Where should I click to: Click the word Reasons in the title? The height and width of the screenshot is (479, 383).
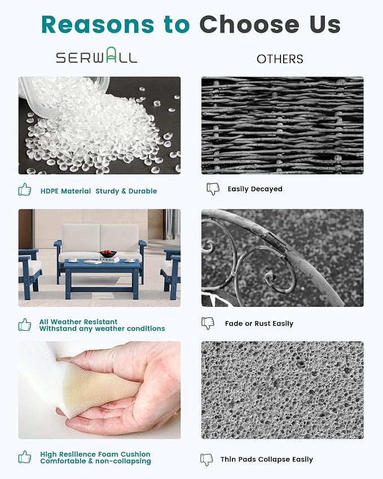(x=98, y=24)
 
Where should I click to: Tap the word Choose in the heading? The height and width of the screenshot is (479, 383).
(x=249, y=24)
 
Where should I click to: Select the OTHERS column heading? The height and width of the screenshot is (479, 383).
(x=280, y=59)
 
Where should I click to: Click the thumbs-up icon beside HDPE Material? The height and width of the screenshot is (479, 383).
(x=25, y=190)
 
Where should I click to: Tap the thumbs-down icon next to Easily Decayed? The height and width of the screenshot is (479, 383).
(x=213, y=189)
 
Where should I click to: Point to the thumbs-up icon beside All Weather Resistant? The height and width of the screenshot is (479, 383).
(x=25, y=324)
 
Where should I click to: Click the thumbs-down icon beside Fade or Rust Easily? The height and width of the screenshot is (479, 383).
(x=208, y=323)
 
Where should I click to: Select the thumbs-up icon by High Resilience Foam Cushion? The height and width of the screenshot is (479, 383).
(x=25, y=457)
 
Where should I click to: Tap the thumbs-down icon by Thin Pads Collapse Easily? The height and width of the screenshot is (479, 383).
(x=207, y=459)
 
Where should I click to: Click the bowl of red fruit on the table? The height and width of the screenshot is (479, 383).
(x=108, y=253)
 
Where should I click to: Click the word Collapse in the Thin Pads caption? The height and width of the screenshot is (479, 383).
(x=274, y=459)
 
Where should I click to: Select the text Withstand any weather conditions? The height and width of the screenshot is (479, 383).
(x=102, y=329)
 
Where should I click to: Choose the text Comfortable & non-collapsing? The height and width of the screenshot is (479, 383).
(x=95, y=461)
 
